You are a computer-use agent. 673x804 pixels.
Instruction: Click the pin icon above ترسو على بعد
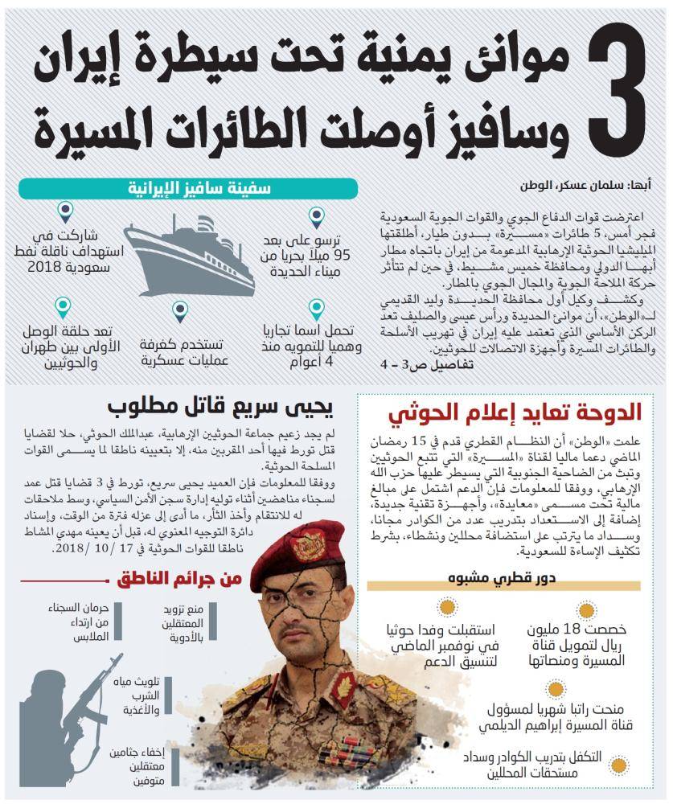tap(317, 216)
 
